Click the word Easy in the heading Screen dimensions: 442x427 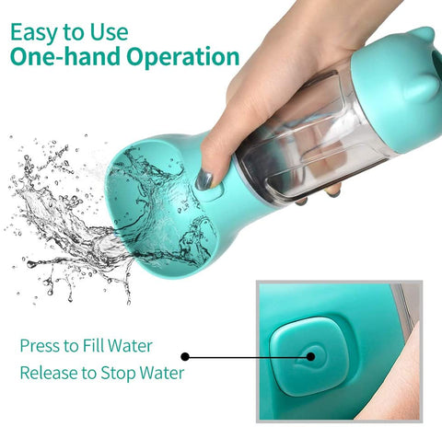[35, 33]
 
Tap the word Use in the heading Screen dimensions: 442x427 [109, 32]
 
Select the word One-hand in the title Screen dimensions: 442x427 [64, 56]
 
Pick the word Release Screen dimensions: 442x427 [49, 373]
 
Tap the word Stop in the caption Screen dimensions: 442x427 [118, 374]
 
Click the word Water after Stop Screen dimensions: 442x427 [162, 373]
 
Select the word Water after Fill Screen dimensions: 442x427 [130, 346]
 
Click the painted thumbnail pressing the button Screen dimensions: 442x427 [204, 179]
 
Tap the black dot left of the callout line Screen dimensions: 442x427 [185, 356]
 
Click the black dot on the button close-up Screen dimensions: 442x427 [310, 356]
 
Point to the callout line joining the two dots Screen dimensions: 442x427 [248, 357]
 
